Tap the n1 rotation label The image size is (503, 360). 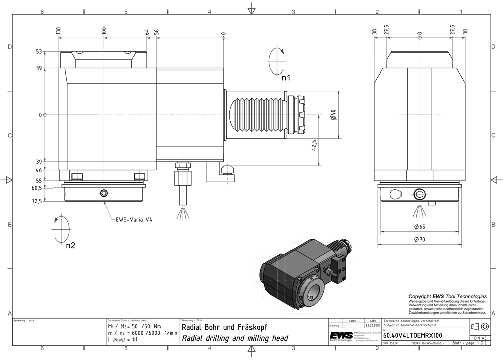coord(286,78)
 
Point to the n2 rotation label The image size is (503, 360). coord(70,246)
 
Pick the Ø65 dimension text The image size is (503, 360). coord(420,227)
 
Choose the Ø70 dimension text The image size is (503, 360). coord(420,240)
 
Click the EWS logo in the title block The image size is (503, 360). coord(341,336)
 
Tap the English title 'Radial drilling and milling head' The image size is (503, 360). coord(234,338)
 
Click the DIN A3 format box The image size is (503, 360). coord(480,338)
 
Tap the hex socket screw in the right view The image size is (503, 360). coord(420,195)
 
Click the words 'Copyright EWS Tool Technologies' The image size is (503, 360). coord(448,296)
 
